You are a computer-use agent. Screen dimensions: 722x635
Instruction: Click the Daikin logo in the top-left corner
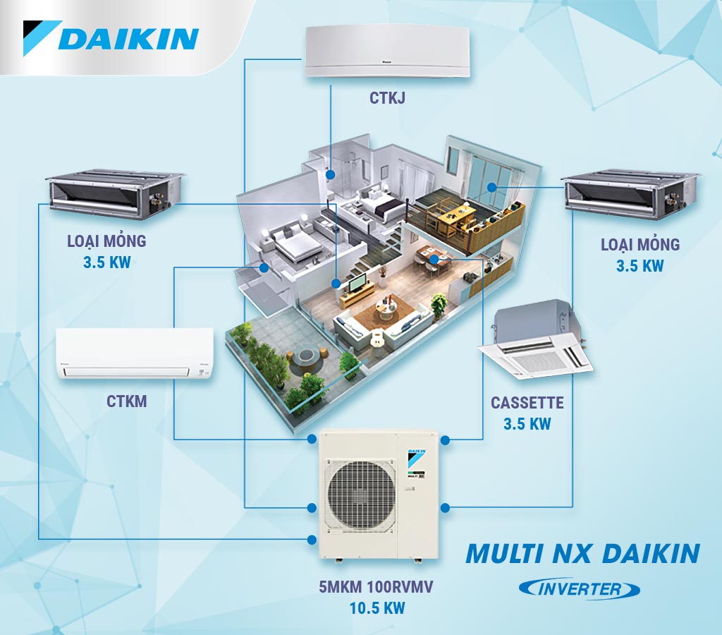[111, 38]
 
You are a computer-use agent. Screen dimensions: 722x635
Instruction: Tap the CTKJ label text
[387, 97]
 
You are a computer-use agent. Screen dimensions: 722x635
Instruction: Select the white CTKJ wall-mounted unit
[387, 52]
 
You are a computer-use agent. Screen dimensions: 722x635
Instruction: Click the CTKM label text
[127, 401]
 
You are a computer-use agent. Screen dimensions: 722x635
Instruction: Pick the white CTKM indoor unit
[135, 353]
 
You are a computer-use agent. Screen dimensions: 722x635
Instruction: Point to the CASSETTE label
[527, 402]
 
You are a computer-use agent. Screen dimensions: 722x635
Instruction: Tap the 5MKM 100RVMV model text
[377, 587]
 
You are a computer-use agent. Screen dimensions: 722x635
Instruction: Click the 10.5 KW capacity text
[377, 607]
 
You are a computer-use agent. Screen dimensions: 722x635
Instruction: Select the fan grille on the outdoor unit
[361, 495]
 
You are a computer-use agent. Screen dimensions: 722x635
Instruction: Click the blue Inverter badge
[580, 589]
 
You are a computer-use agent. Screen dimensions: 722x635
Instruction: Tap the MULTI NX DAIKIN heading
[583, 553]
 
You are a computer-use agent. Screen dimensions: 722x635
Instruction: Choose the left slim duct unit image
[116, 193]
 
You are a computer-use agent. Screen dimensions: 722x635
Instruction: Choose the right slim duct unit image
[632, 195]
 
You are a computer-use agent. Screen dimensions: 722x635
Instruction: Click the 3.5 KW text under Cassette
[527, 423]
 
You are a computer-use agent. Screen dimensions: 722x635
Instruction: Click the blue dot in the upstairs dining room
[491, 188]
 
